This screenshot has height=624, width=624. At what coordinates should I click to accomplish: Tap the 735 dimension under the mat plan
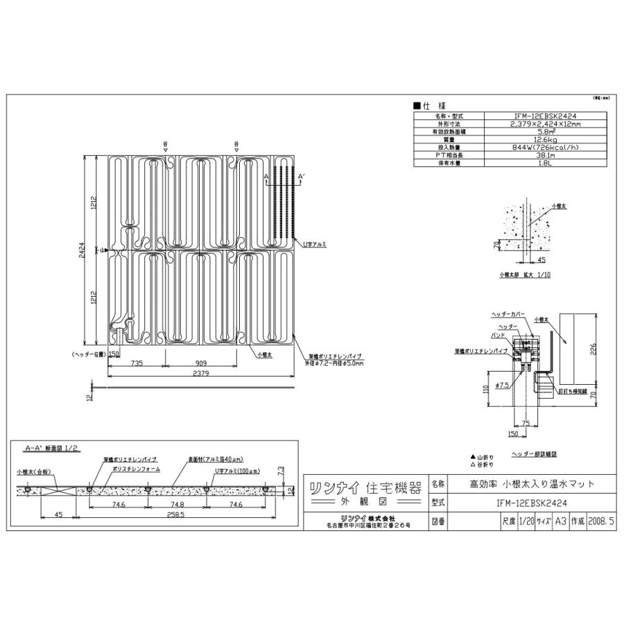click(137, 363)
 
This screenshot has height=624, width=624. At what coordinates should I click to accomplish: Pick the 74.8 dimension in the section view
click(177, 506)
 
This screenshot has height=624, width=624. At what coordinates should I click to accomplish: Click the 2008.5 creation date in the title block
click(600, 519)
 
